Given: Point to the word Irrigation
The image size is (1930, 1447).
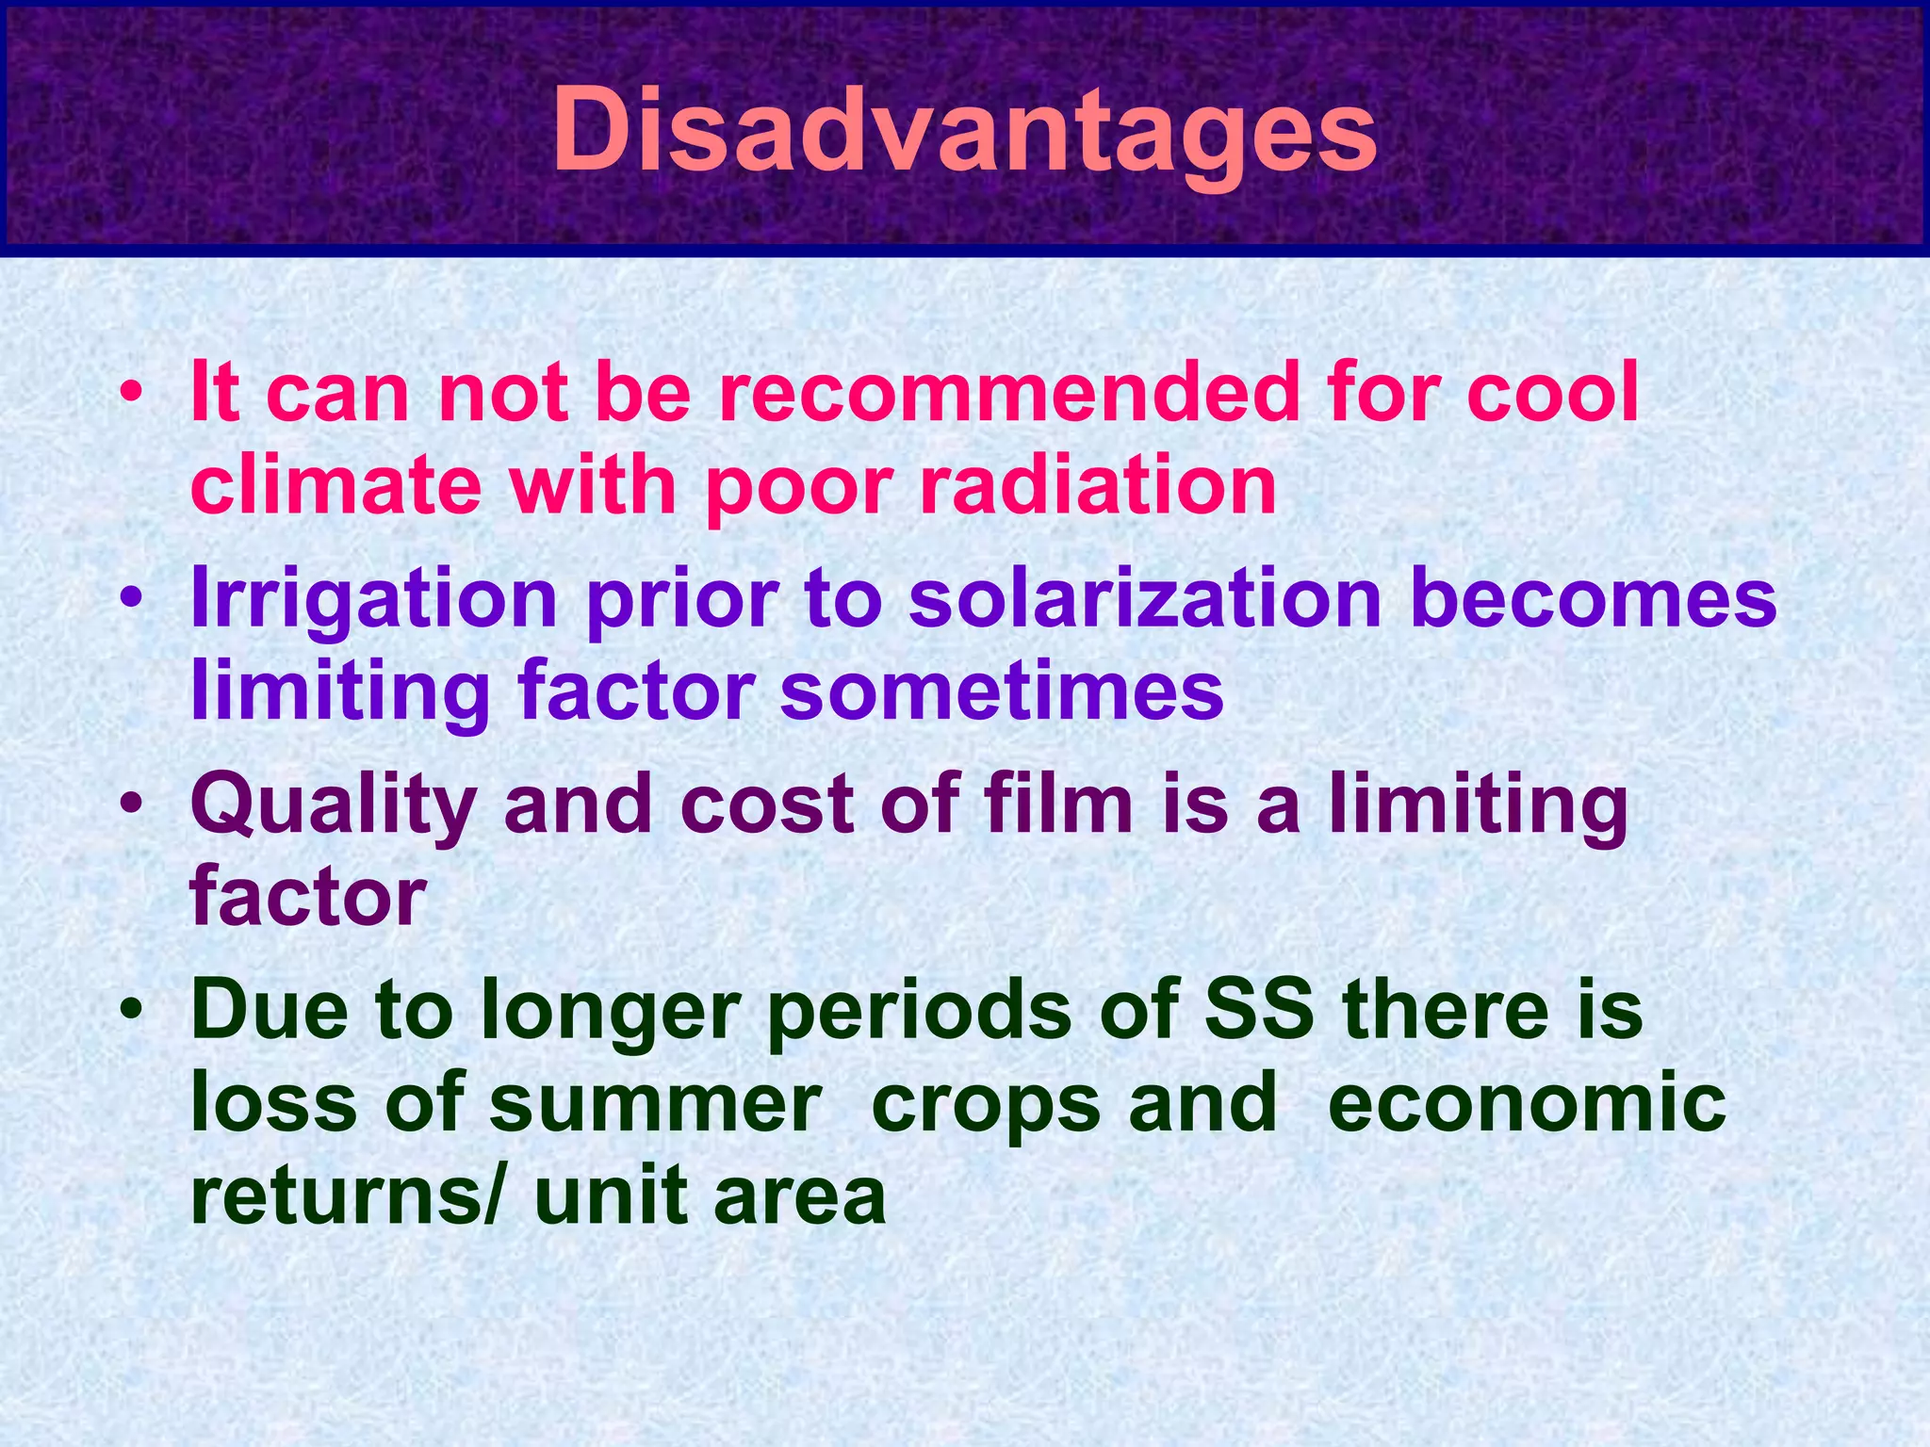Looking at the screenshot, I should (x=374, y=599).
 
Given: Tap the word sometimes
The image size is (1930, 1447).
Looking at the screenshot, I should (x=1002, y=691).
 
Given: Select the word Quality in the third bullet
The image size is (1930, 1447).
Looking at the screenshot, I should (x=334, y=806).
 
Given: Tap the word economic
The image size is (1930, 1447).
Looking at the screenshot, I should (x=1527, y=1104).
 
